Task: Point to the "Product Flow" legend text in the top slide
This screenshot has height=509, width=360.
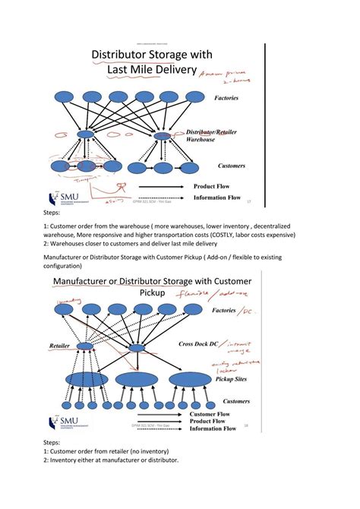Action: pyautogui.click(x=217, y=185)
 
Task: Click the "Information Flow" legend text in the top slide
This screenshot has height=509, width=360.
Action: pyautogui.click(x=217, y=198)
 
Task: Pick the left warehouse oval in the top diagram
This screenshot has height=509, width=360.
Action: pyautogui.click(x=86, y=134)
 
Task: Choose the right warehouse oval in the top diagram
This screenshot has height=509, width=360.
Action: pyautogui.click(x=163, y=136)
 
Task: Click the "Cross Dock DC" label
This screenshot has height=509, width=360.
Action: pyautogui.click(x=201, y=344)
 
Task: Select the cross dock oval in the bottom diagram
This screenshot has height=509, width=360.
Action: pyautogui.click(x=137, y=347)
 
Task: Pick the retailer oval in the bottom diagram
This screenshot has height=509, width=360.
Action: pyautogui.click(x=85, y=346)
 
